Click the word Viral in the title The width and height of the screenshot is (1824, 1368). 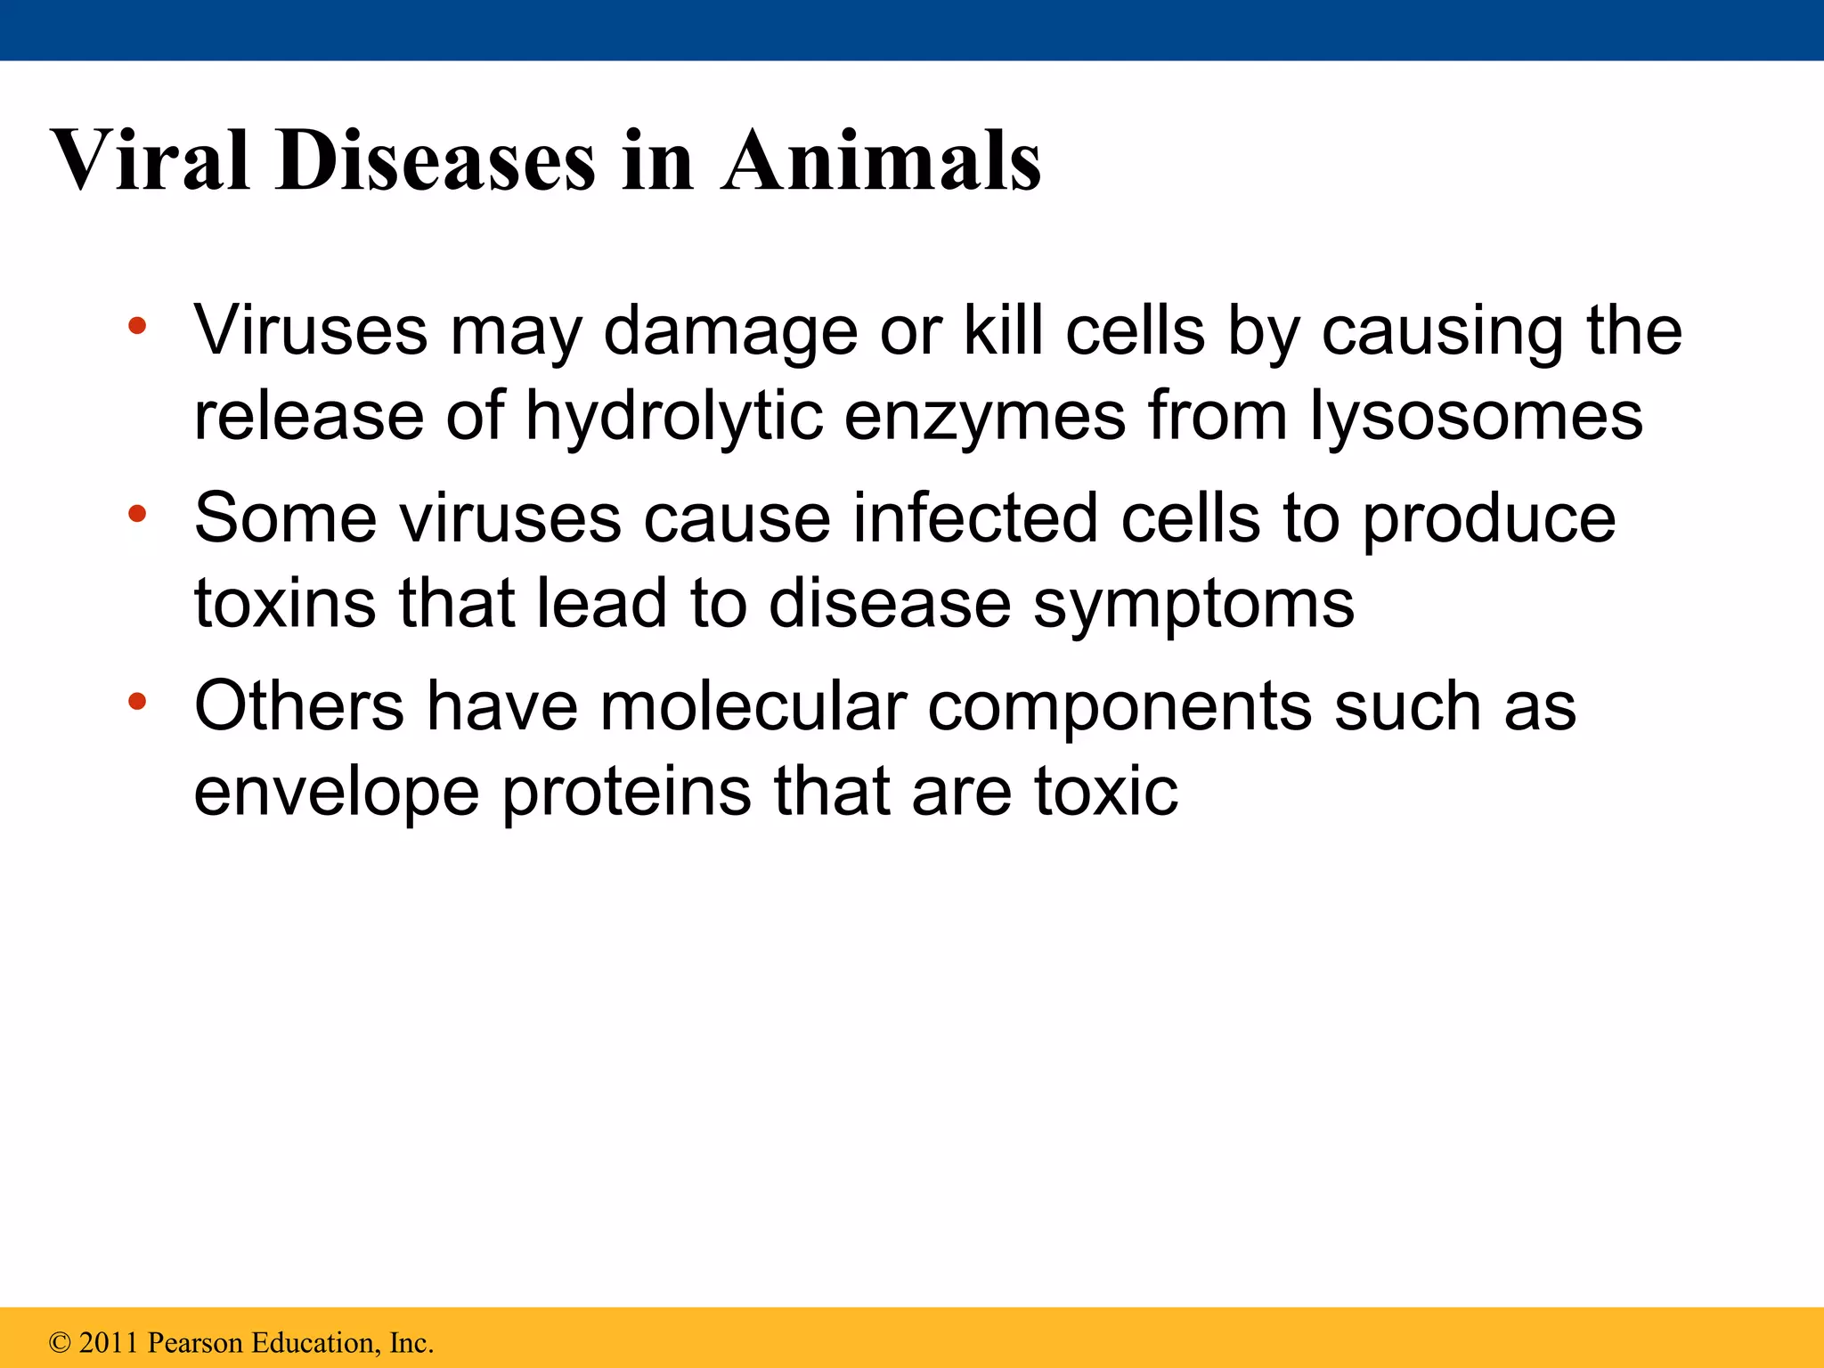point(150,160)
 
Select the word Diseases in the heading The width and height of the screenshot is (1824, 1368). point(436,160)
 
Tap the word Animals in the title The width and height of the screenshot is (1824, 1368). point(882,160)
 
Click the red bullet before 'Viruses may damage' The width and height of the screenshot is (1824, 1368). point(136,326)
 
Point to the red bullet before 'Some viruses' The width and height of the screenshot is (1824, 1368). point(136,514)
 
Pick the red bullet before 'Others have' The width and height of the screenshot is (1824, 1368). point(136,702)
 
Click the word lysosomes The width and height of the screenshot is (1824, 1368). point(1477,417)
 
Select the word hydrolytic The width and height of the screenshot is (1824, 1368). point(673,417)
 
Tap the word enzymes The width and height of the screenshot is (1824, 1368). point(985,417)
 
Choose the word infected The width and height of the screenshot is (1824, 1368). point(975,518)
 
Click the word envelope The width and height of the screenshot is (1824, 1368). point(337,793)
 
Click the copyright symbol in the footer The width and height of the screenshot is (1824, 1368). point(60,1342)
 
